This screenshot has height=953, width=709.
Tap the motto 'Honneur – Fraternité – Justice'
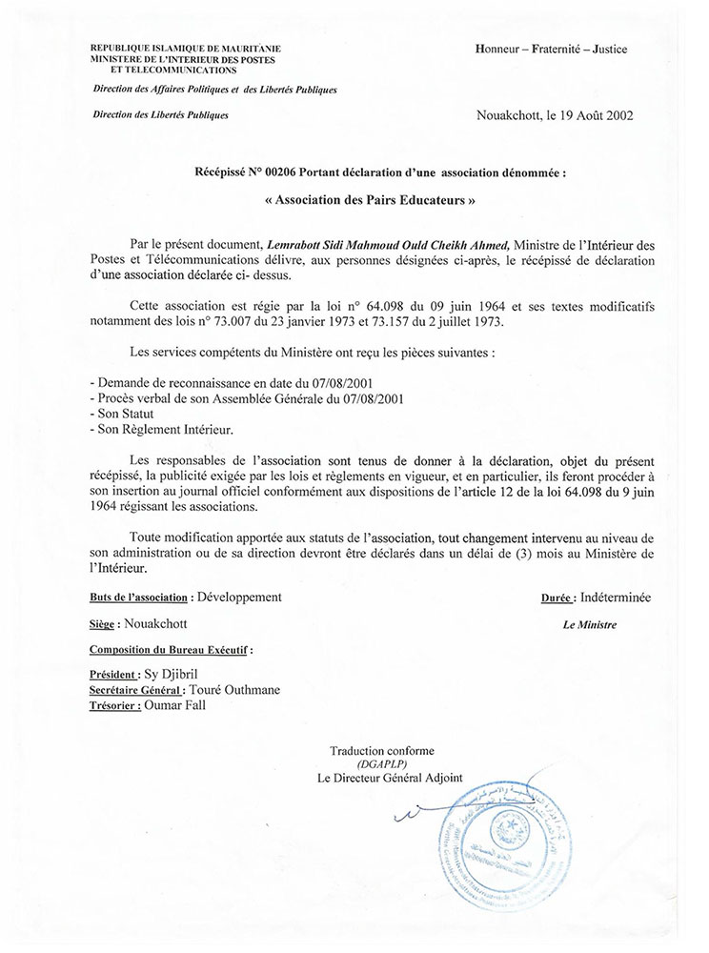coord(551,50)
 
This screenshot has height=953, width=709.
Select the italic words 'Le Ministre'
coord(590,625)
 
